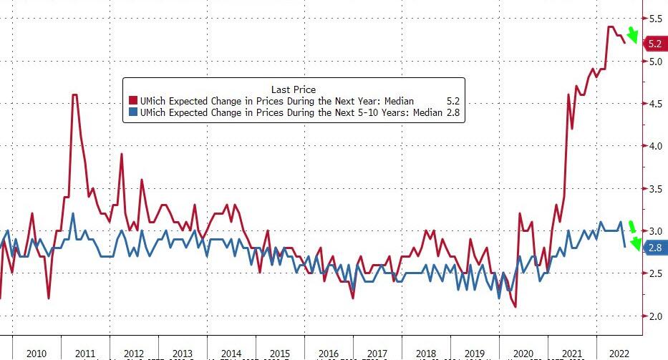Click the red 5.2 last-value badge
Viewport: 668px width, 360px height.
click(654, 44)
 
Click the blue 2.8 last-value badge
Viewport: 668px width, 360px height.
click(654, 248)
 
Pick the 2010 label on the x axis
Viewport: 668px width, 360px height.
click(36, 354)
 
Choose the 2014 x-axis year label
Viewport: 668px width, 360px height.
click(231, 354)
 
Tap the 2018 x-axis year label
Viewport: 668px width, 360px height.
click(425, 354)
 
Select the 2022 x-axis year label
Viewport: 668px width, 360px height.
click(619, 354)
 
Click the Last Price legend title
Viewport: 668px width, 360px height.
click(294, 89)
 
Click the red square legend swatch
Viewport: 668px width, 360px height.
click(132, 102)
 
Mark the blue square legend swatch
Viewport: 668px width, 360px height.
click(132, 113)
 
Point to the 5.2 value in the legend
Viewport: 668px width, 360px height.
click(452, 102)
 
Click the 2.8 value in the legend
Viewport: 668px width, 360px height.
click(452, 113)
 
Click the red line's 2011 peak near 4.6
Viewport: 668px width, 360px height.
click(74, 95)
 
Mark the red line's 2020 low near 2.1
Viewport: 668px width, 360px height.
click(515, 307)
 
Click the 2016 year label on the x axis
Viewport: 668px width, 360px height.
click(328, 354)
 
